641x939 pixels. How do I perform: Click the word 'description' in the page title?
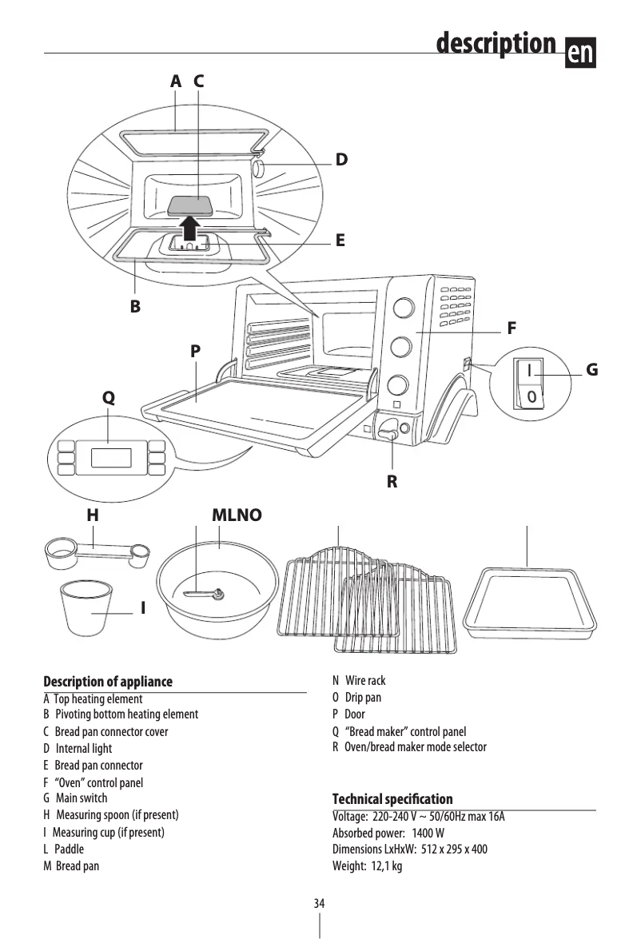[496, 43]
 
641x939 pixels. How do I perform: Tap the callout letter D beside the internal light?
[341, 160]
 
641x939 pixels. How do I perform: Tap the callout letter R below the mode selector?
[392, 483]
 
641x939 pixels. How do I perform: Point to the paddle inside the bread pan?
[205, 593]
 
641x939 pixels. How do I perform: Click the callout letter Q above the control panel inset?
[109, 397]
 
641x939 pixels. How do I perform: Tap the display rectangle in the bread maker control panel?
[111, 458]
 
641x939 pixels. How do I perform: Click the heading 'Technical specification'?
[392, 799]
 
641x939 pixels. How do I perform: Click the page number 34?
[320, 903]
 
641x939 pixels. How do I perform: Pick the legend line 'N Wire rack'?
[359, 681]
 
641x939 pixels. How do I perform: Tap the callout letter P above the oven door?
[196, 351]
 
